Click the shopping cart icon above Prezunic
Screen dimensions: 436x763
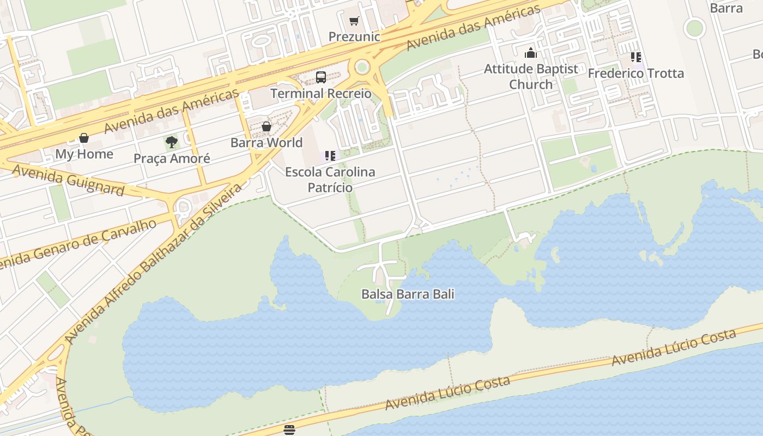point(354,21)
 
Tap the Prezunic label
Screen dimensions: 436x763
point(354,37)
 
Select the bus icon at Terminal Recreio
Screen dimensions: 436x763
point(321,77)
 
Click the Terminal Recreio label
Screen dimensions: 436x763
point(321,93)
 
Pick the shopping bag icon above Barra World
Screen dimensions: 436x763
point(267,126)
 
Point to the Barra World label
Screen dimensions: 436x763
point(267,142)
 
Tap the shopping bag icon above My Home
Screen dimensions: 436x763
point(84,138)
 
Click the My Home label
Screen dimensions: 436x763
point(84,154)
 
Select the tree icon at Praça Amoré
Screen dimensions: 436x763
point(172,142)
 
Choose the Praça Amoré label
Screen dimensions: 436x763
point(172,159)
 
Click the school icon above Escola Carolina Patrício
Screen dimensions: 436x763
point(330,156)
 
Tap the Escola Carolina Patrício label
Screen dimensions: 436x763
point(330,179)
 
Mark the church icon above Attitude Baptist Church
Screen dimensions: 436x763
point(531,53)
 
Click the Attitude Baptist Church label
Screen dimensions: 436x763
point(531,76)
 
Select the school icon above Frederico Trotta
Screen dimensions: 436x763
point(635,57)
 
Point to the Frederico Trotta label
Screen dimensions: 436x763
point(635,73)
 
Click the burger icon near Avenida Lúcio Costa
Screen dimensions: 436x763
point(289,429)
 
